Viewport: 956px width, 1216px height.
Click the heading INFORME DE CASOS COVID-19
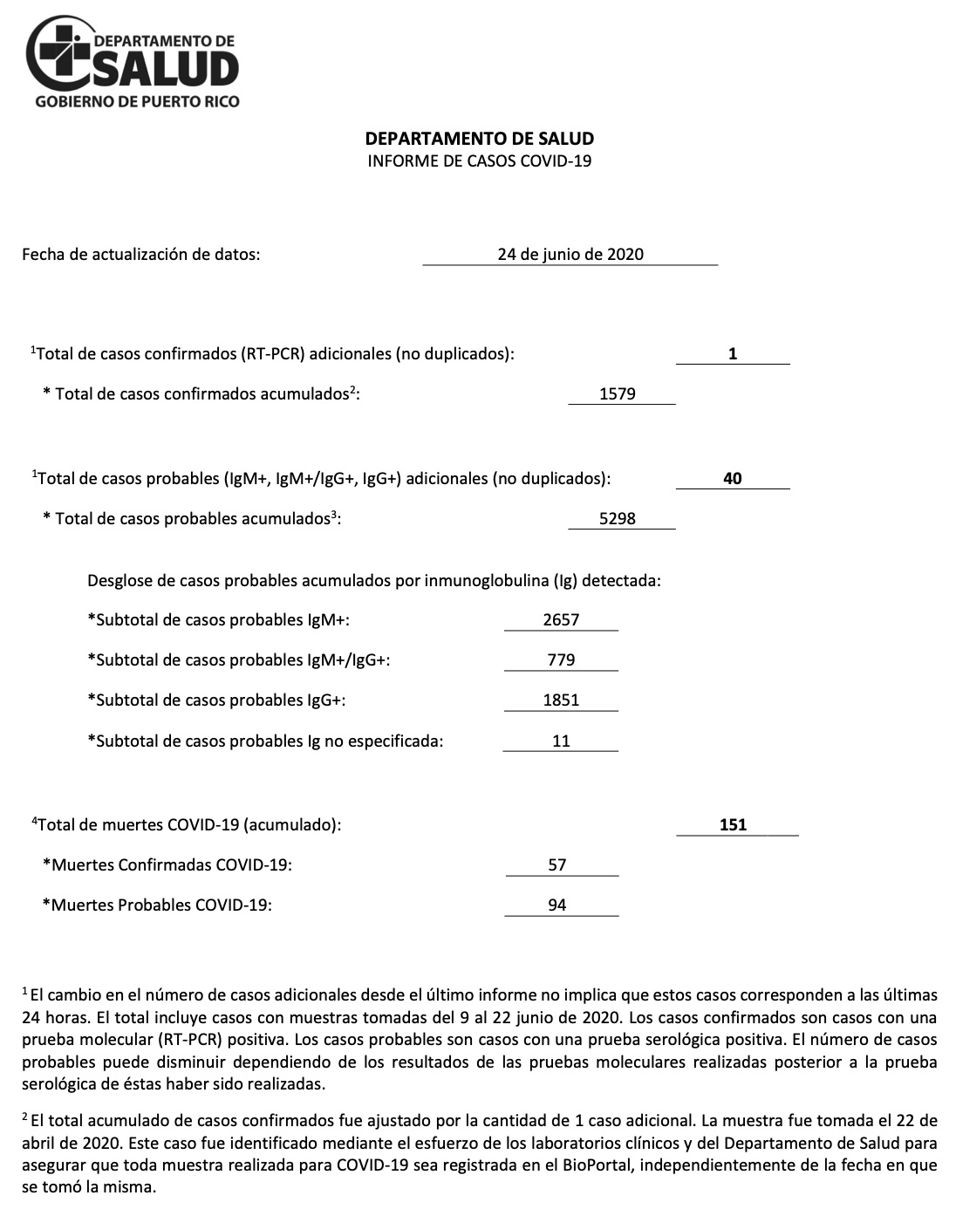click(x=479, y=161)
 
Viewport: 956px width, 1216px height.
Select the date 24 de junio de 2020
click(x=570, y=255)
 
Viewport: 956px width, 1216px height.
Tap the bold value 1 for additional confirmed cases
click(x=733, y=354)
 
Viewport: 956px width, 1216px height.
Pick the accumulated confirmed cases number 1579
click(x=618, y=394)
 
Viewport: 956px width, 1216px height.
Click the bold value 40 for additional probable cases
click(x=733, y=479)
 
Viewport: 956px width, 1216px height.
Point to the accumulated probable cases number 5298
click(x=618, y=519)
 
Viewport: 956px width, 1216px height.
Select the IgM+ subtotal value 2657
click(x=561, y=620)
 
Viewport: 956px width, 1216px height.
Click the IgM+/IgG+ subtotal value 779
click(x=561, y=660)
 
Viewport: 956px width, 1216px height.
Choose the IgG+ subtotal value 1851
click(x=561, y=700)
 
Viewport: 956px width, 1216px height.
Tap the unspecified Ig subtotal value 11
click(x=561, y=741)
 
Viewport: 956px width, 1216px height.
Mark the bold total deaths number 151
click(x=733, y=825)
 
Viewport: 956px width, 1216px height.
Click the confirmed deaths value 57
click(x=557, y=865)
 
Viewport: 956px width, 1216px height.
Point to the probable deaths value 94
click(x=557, y=905)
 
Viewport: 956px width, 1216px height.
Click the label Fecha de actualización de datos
click(x=140, y=255)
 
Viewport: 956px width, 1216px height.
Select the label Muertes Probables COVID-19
click(x=157, y=905)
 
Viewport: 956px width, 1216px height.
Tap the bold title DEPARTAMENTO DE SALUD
click(x=479, y=139)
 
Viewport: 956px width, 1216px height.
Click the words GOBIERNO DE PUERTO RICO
click(x=137, y=102)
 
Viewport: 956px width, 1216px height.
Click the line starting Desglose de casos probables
click(x=373, y=580)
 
